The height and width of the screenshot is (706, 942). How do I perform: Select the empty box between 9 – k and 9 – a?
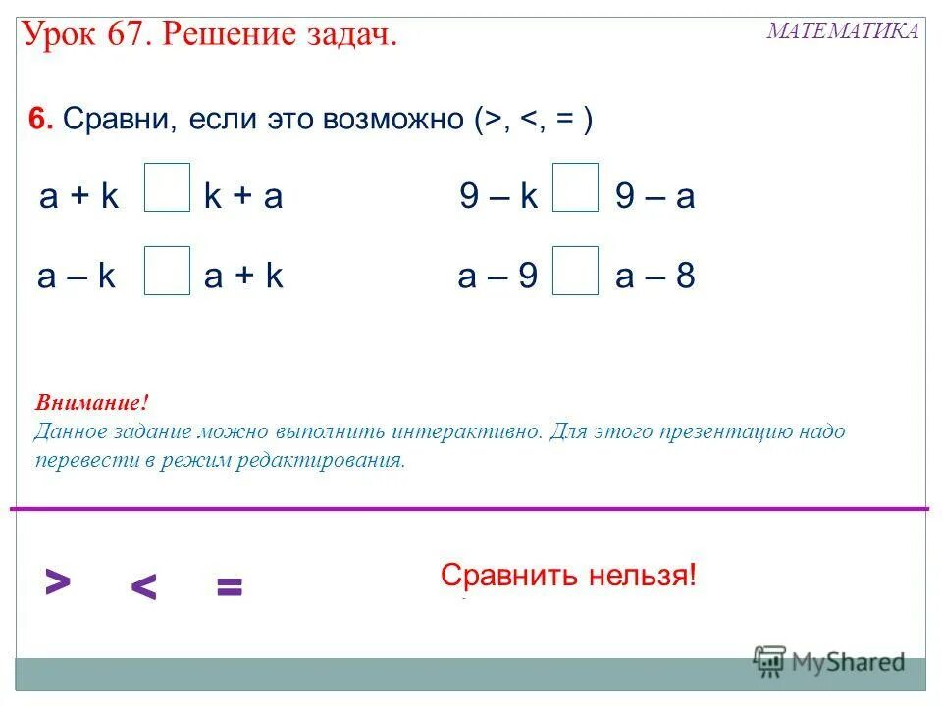click(x=575, y=188)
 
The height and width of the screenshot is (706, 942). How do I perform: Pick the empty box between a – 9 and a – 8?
click(x=575, y=271)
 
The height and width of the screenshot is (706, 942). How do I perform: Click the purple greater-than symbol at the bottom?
click(x=58, y=582)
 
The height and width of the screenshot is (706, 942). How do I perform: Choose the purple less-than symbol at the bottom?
click(x=143, y=587)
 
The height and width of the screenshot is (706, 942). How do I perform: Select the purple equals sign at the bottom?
click(x=229, y=588)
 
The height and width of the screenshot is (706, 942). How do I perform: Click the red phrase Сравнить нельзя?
click(x=568, y=575)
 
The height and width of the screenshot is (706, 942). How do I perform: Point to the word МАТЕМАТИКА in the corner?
click(x=843, y=30)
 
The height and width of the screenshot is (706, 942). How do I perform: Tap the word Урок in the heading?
click(x=58, y=36)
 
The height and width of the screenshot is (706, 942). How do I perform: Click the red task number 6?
click(x=39, y=120)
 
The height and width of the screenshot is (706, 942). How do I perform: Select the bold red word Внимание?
click(x=92, y=403)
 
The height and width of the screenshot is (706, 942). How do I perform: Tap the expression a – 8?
click(x=655, y=277)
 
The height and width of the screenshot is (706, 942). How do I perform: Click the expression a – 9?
click(x=497, y=277)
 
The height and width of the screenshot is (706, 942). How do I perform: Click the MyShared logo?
click(x=829, y=662)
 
